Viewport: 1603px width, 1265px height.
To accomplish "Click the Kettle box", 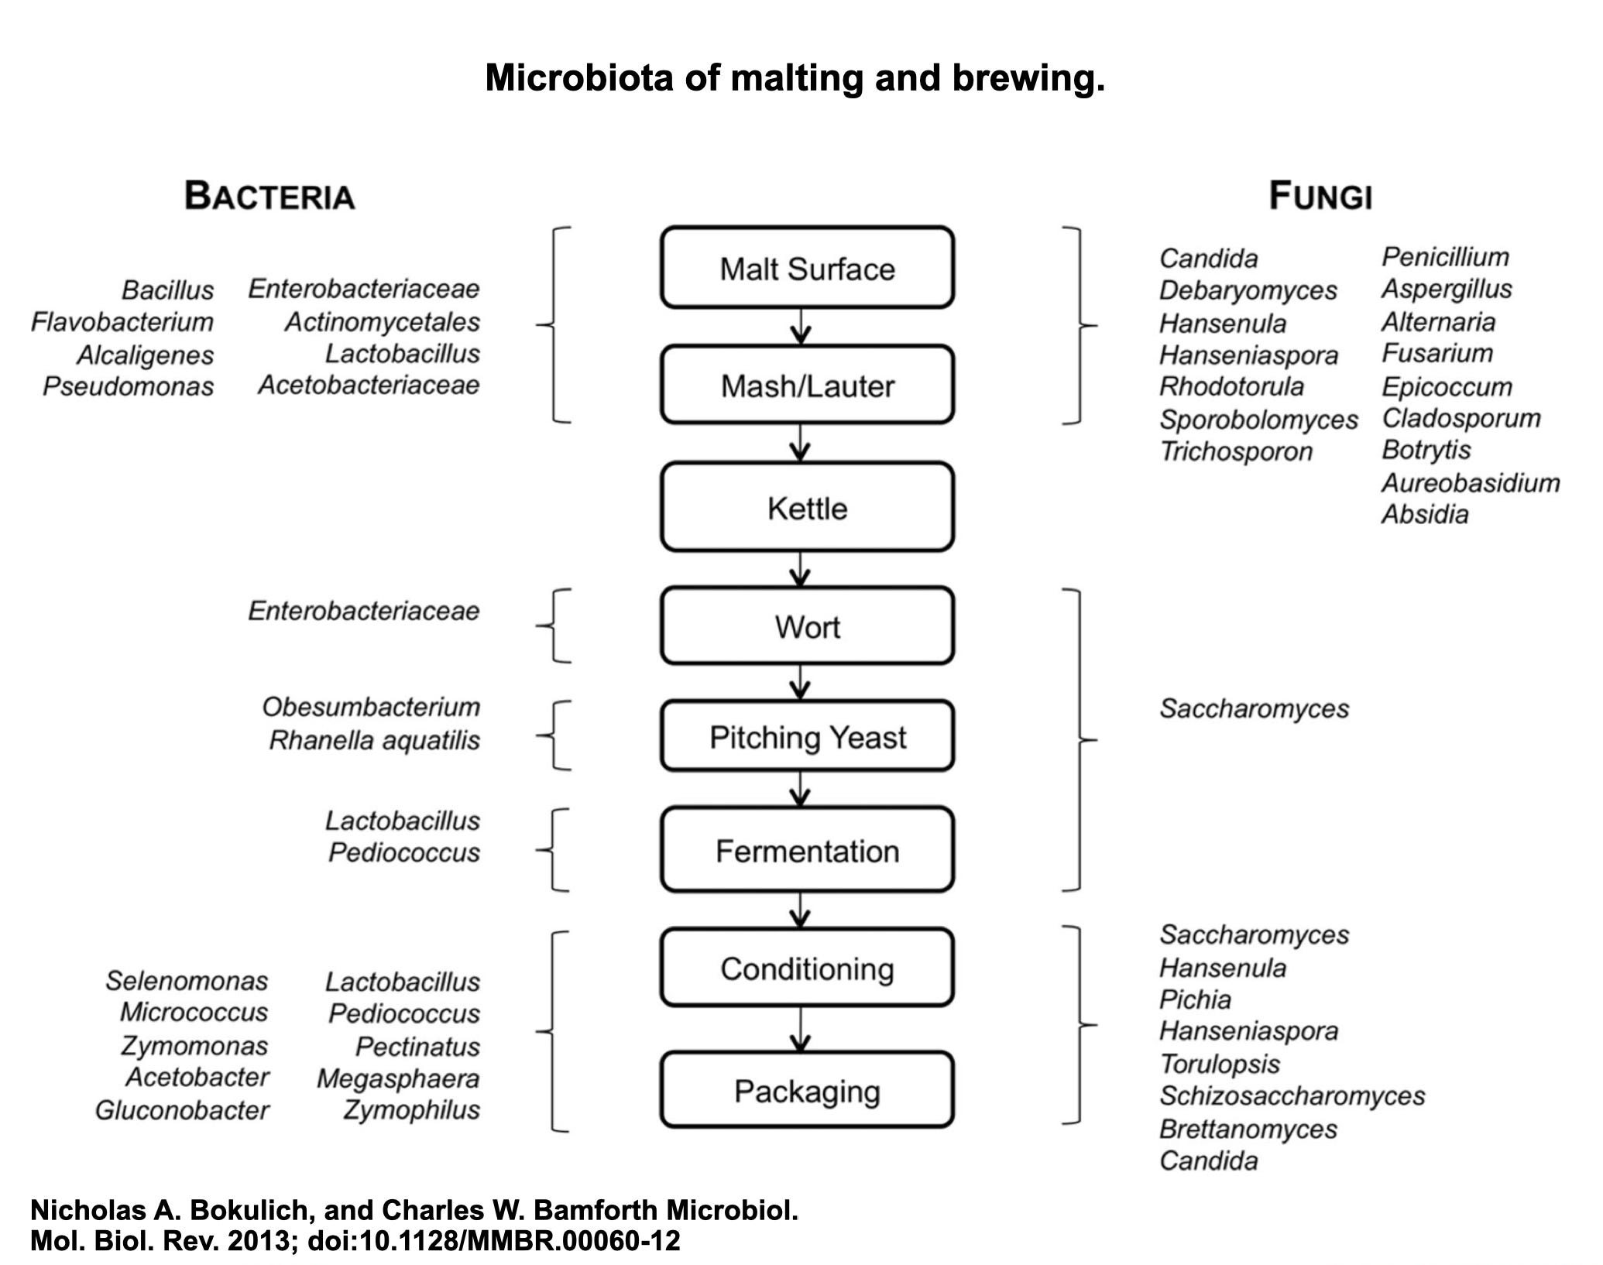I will (807, 508).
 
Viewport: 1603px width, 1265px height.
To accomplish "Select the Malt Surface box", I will (807, 268).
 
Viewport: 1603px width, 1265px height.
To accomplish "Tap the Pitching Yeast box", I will (807, 736).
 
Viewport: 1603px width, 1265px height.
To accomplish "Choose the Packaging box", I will (807, 1091).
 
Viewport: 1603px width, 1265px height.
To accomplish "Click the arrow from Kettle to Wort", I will (801, 569).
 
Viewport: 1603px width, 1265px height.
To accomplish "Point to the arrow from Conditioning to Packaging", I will (801, 1029).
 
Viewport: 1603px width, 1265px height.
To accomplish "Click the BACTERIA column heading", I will (269, 196).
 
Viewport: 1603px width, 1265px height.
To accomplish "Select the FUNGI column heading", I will (1320, 196).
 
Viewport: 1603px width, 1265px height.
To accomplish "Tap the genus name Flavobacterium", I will (122, 322).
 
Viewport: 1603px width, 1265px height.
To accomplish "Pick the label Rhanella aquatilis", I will (375, 741).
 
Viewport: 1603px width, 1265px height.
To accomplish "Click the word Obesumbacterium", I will (372, 707).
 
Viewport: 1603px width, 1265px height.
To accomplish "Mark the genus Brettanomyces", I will (1248, 1129).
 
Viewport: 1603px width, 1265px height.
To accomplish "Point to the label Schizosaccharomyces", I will (1292, 1095).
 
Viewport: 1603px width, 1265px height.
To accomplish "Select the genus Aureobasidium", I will (1471, 483).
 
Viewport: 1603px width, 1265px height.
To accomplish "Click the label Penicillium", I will (1445, 256).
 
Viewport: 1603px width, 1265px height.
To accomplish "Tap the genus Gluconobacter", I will (182, 1110).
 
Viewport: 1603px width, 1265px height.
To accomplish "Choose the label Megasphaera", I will (398, 1078).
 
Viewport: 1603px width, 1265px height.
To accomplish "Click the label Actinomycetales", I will (383, 322).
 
